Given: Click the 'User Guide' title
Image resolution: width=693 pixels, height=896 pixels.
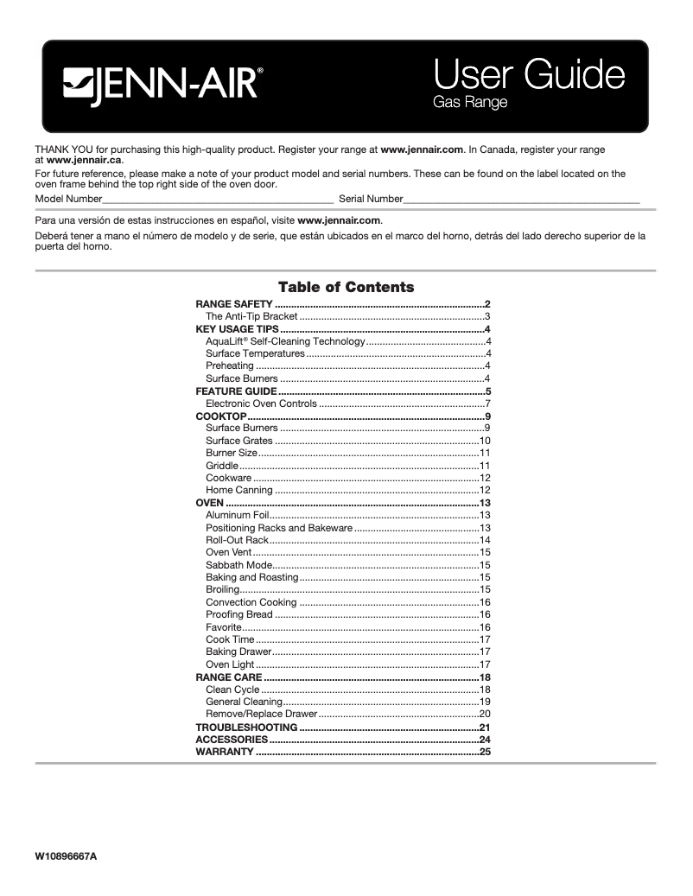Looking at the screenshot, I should tap(528, 75).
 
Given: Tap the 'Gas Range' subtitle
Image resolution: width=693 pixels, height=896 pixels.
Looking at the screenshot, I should tap(469, 103).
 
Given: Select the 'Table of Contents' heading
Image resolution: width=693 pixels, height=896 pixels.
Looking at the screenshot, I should tap(346, 287).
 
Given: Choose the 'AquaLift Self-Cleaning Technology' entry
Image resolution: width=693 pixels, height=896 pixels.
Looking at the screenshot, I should tap(285, 341).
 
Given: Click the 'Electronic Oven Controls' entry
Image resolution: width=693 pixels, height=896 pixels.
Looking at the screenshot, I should tap(261, 404).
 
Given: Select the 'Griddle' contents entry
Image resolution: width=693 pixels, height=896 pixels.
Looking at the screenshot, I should tap(222, 466).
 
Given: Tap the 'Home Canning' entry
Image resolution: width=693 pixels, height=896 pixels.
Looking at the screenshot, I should tap(238, 490).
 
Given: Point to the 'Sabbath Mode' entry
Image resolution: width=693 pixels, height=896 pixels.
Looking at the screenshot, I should tap(239, 565).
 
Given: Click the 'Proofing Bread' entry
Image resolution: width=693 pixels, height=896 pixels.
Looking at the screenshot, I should tap(238, 614).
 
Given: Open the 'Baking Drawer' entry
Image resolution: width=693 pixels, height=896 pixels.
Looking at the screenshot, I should tap(238, 651).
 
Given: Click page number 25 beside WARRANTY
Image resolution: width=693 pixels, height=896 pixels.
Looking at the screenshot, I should tap(485, 753).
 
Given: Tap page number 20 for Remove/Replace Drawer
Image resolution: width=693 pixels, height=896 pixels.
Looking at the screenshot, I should tap(485, 714).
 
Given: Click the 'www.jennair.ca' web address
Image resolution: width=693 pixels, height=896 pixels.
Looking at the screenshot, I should tap(84, 161).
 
